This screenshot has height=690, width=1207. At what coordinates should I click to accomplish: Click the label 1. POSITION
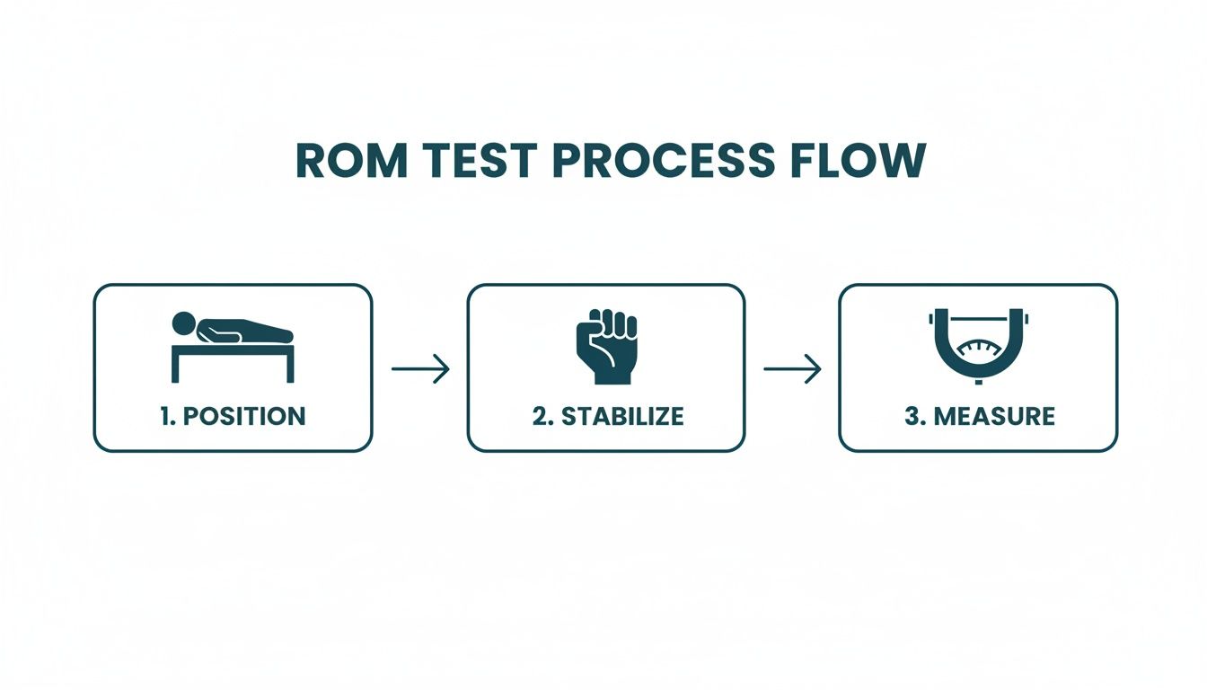[233, 416]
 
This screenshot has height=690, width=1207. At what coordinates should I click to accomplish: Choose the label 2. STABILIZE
[607, 416]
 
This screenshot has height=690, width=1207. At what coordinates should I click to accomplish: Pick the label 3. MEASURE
[979, 416]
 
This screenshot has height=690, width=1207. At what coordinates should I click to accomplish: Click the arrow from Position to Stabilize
[420, 368]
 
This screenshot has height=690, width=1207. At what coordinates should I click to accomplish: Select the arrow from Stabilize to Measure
[792, 368]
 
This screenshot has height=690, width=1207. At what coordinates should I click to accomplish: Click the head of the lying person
[184, 322]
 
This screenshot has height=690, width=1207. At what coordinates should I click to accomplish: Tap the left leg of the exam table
[175, 367]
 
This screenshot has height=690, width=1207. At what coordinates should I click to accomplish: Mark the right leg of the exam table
[291, 367]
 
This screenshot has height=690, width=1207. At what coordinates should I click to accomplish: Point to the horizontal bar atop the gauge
[978, 316]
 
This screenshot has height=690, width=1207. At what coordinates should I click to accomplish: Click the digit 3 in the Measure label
[910, 416]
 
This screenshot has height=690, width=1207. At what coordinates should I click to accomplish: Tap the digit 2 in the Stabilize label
[538, 416]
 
